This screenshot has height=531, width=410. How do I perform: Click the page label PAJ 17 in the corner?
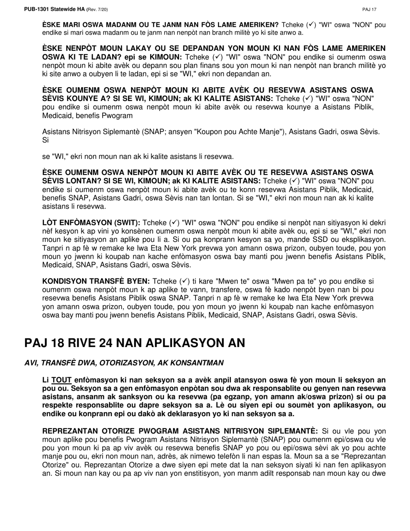click(369, 9)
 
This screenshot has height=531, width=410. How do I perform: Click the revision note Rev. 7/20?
click(98, 9)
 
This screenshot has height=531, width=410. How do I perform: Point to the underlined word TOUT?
click(61, 380)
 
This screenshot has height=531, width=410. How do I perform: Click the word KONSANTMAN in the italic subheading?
click(202, 363)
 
